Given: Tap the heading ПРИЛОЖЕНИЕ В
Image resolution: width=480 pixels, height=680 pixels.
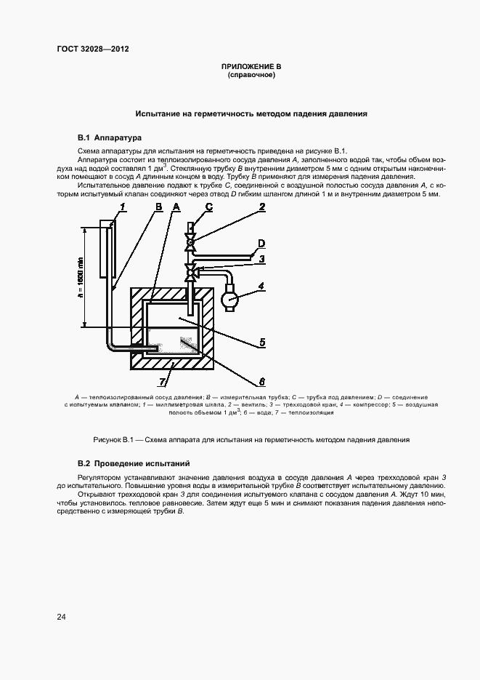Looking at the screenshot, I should [251, 67].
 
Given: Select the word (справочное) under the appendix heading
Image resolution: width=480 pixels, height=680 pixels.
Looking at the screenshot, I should [251, 75].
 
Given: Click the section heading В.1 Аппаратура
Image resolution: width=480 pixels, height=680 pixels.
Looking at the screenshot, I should [109, 137].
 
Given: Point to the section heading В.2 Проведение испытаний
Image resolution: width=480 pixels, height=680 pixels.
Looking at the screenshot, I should [134, 463].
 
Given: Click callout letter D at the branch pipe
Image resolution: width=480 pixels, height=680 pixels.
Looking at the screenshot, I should [261, 242].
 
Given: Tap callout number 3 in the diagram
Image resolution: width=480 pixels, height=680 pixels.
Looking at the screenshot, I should [261, 258].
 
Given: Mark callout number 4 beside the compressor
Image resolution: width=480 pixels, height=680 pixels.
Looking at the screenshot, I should [261, 286].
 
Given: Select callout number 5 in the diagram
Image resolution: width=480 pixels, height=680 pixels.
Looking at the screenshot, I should [261, 341].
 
